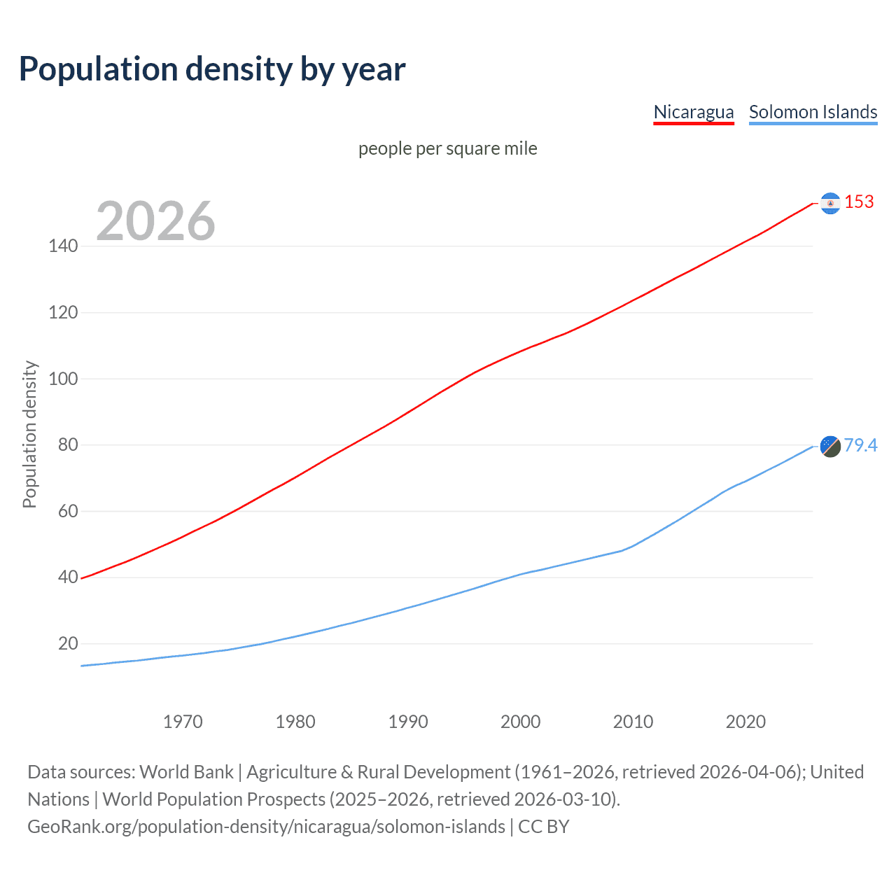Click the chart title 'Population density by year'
coord(212,69)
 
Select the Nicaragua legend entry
coord(693,112)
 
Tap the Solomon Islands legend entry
coord(813,112)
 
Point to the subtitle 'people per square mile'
coord(447,148)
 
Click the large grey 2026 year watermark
coord(155,221)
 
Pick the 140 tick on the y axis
coord(63,246)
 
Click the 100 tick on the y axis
coord(63,379)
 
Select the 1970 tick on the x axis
coord(183,722)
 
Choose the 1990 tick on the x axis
coord(408,722)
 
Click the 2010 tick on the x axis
coord(633,722)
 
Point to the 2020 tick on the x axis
coord(745,722)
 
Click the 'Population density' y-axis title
coord(29,434)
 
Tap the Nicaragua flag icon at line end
coord(830,203)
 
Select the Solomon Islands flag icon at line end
coord(830,446)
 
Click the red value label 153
coord(859,202)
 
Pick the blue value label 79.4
coord(860,445)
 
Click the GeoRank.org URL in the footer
coord(266,827)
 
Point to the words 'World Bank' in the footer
coord(186,772)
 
